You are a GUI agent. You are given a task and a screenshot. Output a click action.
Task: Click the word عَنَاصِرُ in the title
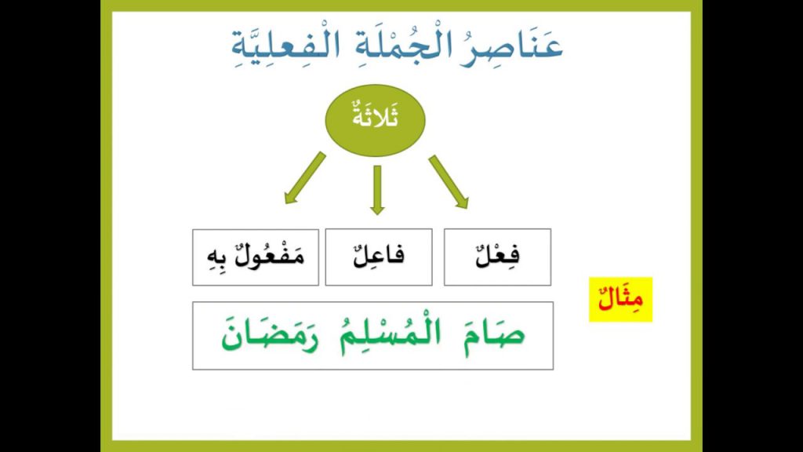518,45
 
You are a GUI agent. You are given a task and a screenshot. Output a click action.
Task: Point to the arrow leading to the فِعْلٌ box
448,181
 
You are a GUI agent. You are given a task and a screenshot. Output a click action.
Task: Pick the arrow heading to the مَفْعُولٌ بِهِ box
305,177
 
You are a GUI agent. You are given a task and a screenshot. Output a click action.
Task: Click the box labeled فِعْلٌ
497,257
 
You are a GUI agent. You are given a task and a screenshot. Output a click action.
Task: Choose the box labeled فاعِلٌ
378,257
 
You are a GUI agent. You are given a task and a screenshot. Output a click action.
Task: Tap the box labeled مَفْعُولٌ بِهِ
256,257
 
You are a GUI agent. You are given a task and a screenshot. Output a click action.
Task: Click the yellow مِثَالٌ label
620,299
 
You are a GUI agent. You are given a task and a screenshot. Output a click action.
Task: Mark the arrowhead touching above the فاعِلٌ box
377,209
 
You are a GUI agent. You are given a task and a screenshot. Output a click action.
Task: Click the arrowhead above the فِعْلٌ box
462,202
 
